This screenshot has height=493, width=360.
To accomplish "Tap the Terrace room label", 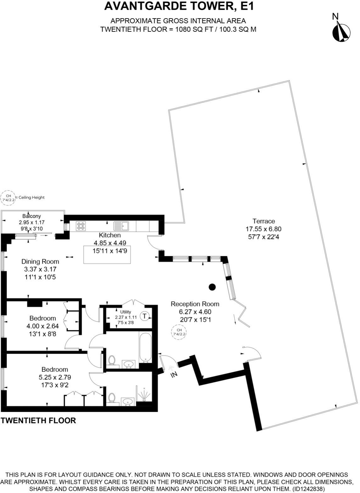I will click(263, 221).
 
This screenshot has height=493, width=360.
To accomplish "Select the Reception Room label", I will click(195, 304).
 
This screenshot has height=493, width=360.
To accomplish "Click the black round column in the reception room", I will click(212, 287).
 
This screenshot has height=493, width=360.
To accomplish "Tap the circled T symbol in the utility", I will click(144, 316).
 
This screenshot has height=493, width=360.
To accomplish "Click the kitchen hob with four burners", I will click(81, 226).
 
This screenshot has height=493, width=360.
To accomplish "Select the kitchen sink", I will click(121, 226).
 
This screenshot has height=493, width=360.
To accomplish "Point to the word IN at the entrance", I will click(174, 375).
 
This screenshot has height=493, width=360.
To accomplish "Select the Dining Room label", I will click(40, 261).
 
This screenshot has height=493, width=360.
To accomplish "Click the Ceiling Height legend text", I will click(31, 197).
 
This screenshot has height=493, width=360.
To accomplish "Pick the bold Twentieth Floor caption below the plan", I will click(38, 420).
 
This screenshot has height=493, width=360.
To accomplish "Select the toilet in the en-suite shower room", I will click(111, 398).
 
